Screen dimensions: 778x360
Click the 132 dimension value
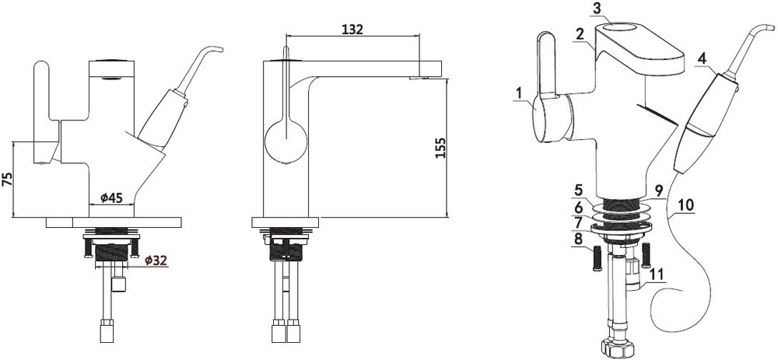[x=352, y=30]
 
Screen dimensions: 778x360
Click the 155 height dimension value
[x=440, y=147]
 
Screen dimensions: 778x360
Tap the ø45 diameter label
[x=111, y=197]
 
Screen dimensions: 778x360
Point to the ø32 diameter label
[x=156, y=260]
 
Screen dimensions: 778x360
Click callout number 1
[x=518, y=93]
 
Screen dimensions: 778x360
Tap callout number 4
[x=701, y=58]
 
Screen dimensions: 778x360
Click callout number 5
[x=578, y=190]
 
